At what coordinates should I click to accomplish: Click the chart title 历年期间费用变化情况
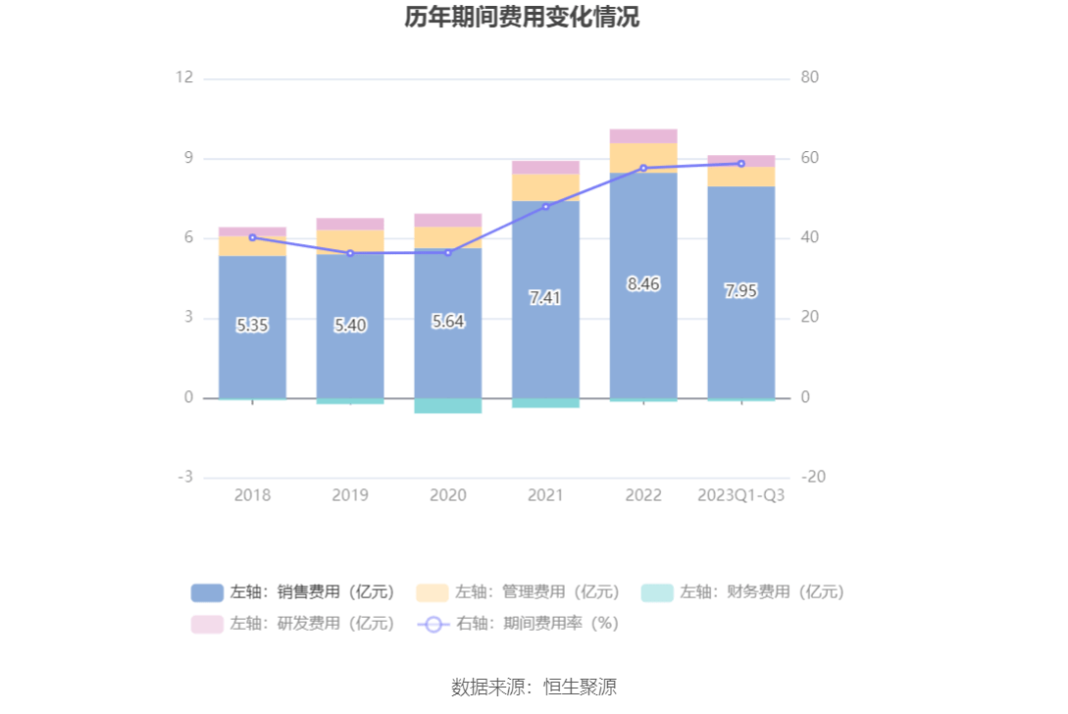click(522, 17)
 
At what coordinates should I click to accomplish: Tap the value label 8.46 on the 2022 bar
click(643, 284)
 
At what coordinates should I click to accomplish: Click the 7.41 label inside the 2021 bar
click(545, 298)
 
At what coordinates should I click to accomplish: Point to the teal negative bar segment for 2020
click(448, 406)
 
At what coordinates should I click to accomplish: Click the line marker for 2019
click(350, 253)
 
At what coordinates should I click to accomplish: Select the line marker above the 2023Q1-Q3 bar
click(741, 164)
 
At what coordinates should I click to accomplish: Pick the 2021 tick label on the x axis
click(545, 495)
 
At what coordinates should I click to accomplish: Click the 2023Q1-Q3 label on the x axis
click(741, 495)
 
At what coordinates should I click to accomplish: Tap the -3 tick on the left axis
click(184, 478)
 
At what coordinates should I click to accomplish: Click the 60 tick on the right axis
click(810, 158)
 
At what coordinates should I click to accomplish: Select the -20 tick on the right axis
click(812, 478)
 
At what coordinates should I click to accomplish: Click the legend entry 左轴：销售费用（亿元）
click(293, 592)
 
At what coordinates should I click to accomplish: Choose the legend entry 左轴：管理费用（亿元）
click(518, 592)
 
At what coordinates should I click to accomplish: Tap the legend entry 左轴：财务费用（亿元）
click(742, 592)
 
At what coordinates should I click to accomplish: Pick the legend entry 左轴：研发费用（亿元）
click(293, 623)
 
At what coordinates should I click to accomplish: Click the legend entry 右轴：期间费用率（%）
click(518, 623)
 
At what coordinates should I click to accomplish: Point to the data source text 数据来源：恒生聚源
click(534, 687)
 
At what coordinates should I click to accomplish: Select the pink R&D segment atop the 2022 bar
click(643, 136)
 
